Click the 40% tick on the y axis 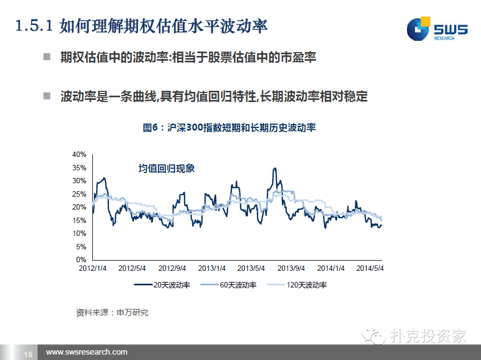coord(79,155)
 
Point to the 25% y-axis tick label coord(79,194)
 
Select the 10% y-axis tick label coord(79,233)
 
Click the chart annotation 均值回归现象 coord(166,168)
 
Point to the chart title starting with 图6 coord(229,127)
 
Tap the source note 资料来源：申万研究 coord(112,313)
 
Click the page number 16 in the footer coord(28,354)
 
